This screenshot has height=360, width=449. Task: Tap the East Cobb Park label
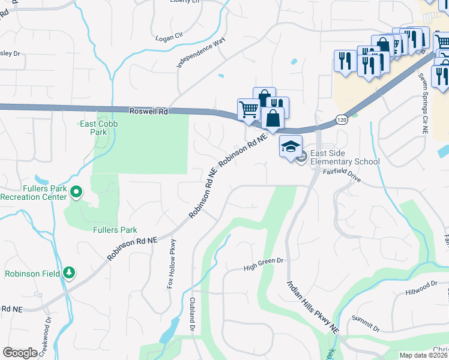[x=100, y=128]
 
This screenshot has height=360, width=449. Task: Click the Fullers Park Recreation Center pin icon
[x=76, y=193]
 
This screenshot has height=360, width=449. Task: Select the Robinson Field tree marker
[x=70, y=273]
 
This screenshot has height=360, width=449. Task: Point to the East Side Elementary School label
[x=345, y=157]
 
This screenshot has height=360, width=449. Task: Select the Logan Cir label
[x=169, y=37]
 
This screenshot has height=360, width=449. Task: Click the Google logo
[x=20, y=353]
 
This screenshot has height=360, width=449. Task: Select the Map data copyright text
[x=424, y=355]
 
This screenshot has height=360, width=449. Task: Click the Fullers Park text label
[x=115, y=230]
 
